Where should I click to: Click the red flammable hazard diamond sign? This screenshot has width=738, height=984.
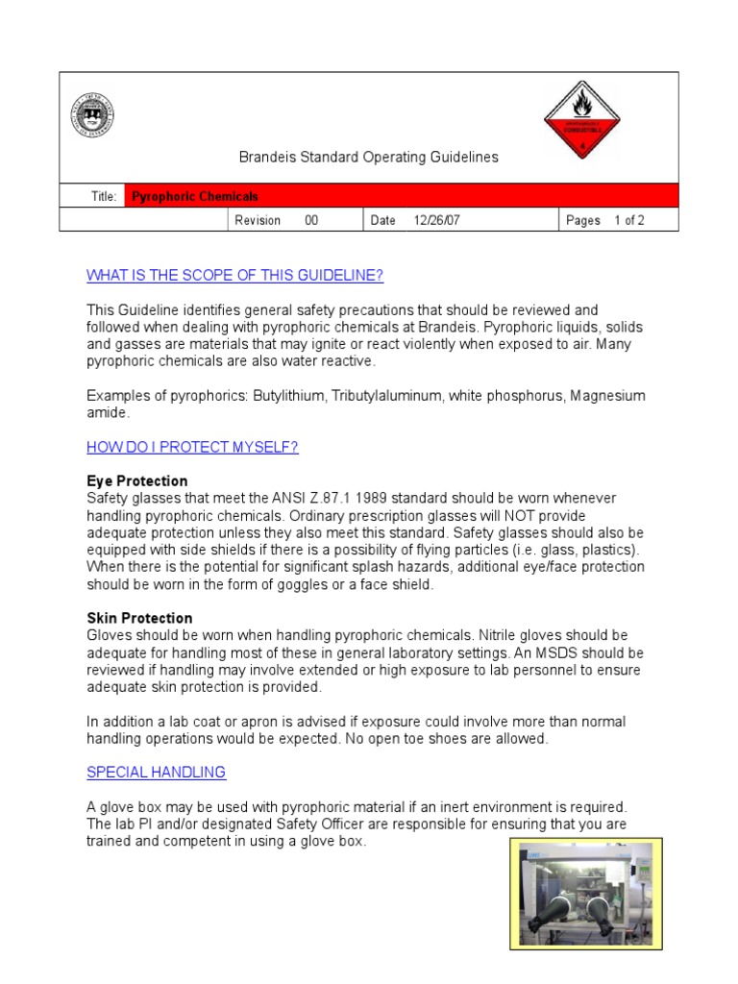[582, 120]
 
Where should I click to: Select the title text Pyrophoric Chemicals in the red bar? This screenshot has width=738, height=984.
[195, 196]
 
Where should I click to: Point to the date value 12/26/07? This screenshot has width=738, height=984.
[436, 220]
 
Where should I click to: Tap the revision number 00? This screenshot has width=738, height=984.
[311, 220]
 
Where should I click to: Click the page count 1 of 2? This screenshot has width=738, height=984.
[629, 220]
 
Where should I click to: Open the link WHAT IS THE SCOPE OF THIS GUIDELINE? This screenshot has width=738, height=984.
[234, 276]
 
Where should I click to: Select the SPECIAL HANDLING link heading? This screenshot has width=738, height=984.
[156, 772]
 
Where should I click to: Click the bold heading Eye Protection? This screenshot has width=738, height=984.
[136, 480]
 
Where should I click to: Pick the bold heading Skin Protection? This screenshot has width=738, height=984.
[139, 618]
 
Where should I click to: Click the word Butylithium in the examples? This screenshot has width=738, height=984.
[288, 396]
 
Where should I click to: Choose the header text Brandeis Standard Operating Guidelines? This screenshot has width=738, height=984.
[368, 157]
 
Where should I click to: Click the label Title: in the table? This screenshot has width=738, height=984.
[104, 196]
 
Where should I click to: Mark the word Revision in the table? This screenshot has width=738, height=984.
[258, 220]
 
